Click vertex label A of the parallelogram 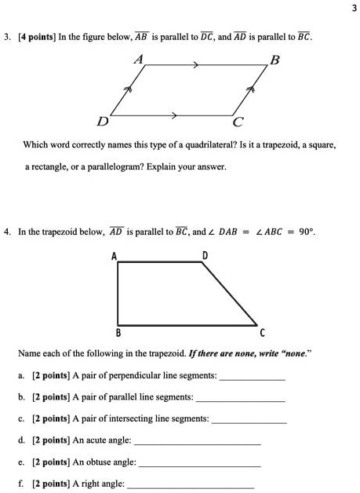[140, 58]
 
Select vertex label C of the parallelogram [238, 122]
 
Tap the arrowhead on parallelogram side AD [131, 92]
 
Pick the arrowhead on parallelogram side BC [252, 92]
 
